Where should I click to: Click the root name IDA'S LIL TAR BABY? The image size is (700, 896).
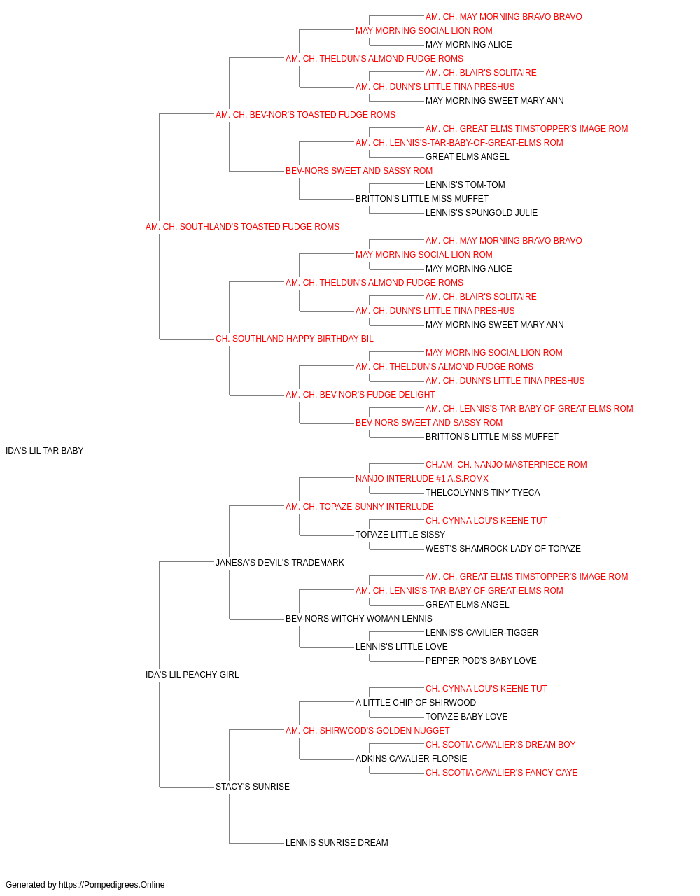(x=45, y=451)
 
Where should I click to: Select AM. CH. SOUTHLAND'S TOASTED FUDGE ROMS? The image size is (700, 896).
(x=242, y=227)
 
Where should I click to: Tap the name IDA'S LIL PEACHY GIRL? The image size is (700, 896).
(x=192, y=675)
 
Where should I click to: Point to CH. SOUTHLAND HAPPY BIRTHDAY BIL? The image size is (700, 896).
(x=294, y=339)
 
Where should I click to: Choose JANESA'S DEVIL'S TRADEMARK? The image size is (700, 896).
(x=279, y=563)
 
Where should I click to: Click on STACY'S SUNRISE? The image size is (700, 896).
(x=252, y=787)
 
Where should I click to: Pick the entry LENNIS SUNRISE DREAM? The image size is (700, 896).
(x=337, y=843)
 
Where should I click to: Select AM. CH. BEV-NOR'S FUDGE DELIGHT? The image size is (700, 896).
(x=360, y=395)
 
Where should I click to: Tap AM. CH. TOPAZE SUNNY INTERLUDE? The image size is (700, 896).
(x=360, y=507)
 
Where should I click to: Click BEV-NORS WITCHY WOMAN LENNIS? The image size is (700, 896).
(x=358, y=619)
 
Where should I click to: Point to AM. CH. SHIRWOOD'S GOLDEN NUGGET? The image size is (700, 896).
(x=367, y=731)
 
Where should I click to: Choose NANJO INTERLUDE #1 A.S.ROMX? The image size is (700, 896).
(x=421, y=479)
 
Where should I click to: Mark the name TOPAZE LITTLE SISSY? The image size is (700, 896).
(x=400, y=535)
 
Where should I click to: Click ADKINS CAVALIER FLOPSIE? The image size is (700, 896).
(x=411, y=759)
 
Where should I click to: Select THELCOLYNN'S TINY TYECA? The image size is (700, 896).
(x=482, y=493)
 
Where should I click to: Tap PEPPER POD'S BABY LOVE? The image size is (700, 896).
(x=481, y=661)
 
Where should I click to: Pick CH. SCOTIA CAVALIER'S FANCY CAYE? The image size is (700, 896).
(x=501, y=773)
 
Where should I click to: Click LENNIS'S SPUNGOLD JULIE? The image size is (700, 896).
(x=482, y=213)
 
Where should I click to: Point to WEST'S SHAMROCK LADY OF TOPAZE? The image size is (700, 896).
(x=503, y=549)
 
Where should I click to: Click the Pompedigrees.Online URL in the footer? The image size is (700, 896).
(x=112, y=885)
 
